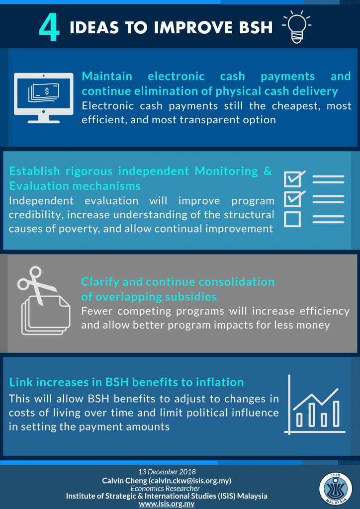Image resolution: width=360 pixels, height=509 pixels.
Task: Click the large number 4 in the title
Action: coord(49,29)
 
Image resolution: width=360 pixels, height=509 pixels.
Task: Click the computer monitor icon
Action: coord(43,98)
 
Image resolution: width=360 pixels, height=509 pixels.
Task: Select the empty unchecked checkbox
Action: coord(292,219)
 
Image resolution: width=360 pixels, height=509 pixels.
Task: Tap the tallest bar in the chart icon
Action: coord(336,414)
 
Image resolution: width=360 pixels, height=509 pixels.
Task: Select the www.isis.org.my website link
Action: coord(167,504)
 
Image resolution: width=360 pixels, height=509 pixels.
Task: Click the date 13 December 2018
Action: coord(167,471)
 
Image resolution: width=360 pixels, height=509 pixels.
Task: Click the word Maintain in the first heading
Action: coord(107,76)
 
